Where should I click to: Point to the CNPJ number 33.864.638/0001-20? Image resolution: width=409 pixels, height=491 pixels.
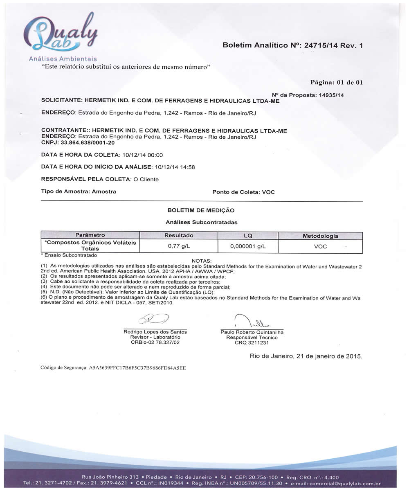[88, 143]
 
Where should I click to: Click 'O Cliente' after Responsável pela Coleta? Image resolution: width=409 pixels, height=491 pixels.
[146, 179]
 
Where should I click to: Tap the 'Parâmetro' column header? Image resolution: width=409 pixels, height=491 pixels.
[90, 235]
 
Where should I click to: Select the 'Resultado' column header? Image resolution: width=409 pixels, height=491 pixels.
[179, 236]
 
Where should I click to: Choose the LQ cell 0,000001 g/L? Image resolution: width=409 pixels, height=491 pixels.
[248, 246]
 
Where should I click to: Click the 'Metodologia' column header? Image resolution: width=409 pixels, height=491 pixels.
[320, 236]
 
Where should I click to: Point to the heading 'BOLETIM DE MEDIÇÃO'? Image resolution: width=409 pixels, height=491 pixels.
[201, 210]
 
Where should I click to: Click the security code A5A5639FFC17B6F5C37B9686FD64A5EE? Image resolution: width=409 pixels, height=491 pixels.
[137, 368]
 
